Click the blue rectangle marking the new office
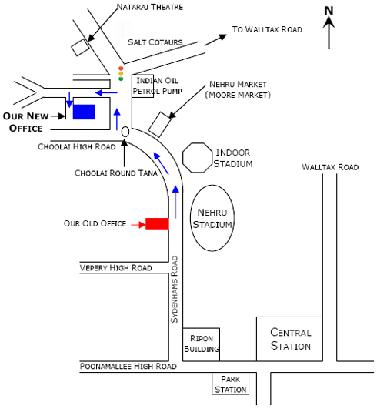tap(84, 112)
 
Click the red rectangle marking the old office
tap(157, 223)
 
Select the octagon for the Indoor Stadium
tap(198, 159)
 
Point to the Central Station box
tap(290, 339)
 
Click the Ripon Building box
tap(201, 344)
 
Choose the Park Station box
tap(231, 384)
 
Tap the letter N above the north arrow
tap(329, 10)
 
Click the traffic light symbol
tap(121, 73)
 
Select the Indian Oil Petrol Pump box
tap(148, 85)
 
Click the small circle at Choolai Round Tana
tap(125, 132)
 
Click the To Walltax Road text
tap(267, 29)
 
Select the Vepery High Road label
tap(115, 267)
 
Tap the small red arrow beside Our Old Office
tap(137, 224)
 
